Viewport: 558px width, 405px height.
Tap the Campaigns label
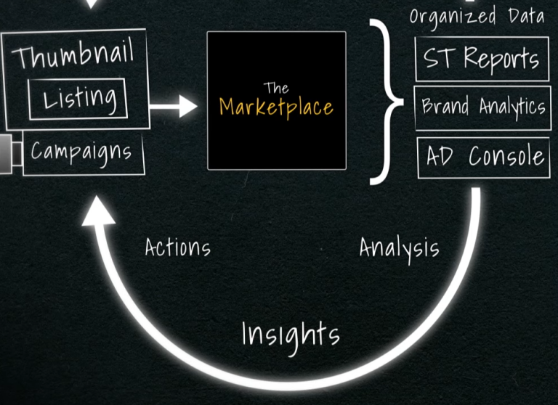tap(81, 152)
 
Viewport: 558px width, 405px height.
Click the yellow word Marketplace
tap(276, 107)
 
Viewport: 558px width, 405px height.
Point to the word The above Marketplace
tap(276, 89)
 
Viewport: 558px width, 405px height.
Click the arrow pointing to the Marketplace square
tap(174, 107)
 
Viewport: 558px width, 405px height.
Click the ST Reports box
tap(482, 59)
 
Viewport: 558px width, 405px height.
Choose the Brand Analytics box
tap(482, 107)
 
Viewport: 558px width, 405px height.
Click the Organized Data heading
tap(476, 15)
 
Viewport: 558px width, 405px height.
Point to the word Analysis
tap(399, 249)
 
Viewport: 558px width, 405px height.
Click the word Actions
tap(177, 247)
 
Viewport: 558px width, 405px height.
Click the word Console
tap(506, 156)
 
